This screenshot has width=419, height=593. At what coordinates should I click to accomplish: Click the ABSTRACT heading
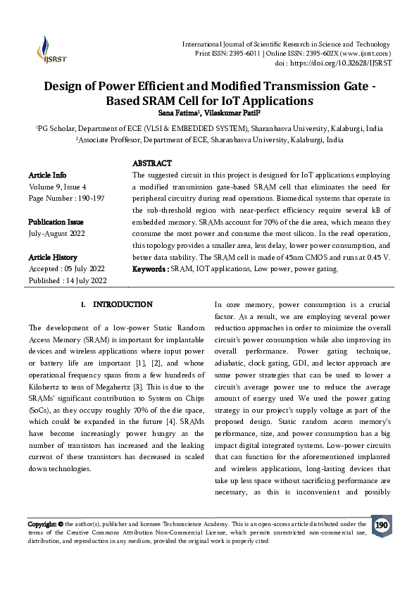pos(152,163)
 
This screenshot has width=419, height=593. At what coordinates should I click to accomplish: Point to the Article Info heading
pos(48,175)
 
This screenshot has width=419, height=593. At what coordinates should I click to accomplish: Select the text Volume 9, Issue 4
pos(57,187)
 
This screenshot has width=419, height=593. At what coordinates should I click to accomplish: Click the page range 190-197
pos(89,199)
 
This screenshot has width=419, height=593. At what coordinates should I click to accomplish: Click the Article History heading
pos(53,257)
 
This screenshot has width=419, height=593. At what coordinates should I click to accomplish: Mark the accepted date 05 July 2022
pos(86,269)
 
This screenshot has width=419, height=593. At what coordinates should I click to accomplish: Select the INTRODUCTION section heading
pos(123,304)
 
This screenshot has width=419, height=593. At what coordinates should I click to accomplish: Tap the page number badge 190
pos(382,525)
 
